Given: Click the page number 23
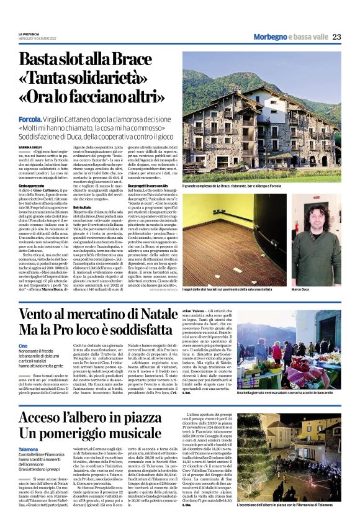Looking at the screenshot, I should (x=336, y=37).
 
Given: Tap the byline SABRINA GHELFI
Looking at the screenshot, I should (x=32, y=146).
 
